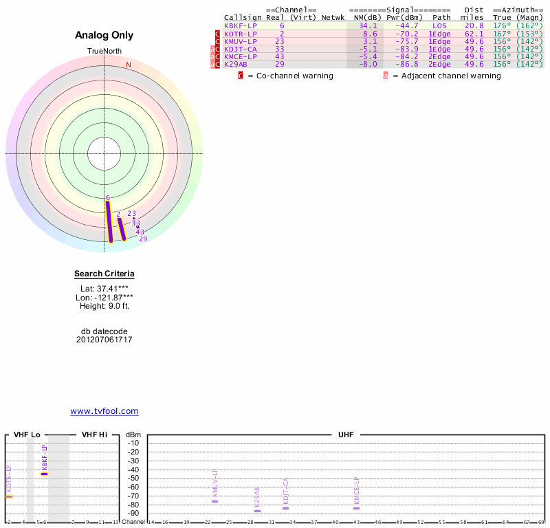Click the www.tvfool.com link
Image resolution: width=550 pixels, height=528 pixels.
pyautogui.click(x=104, y=411)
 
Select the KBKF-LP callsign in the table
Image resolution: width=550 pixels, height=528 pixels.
pyautogui.click(x=239, y=25)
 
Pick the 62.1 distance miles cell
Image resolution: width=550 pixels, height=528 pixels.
pyautogui.click(x=474, y=33)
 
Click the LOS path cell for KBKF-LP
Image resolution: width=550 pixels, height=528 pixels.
pyautogui.click(x=439, y=25)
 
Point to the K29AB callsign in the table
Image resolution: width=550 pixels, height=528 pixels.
pyautogui.click(x=235, y=64)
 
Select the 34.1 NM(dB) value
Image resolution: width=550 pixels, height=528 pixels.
pyautogui.click(x=368, y=25)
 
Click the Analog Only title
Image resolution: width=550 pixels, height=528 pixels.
pyautogui.click(x=104, y=36)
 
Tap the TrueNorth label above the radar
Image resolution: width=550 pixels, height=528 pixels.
pyautogui.click(x=104, y=52)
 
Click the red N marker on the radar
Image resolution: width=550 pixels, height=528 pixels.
pyautogui.click(x=128, y=65)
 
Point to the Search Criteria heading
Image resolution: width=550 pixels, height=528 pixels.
pyautogui.click(x=104, y=274)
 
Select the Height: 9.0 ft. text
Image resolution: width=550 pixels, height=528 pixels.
pyautogui.click(x=104, y=306)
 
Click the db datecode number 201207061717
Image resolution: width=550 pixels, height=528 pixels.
pyautogui.click(x=104, y=340)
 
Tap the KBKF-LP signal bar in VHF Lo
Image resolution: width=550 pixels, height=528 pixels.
pyautogui.click(x=45, y=474)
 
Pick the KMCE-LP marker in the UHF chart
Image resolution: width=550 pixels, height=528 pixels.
pyautogui.click(x=356, y=508)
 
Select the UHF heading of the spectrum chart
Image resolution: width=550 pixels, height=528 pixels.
pyautogui.click(x=345, y=435)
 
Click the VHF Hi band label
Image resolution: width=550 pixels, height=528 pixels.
pyautogui.click(x=94, y=435)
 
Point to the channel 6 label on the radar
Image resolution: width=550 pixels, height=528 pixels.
pyautogui.click(x=108, y=198)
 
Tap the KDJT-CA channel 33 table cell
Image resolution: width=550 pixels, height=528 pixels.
pyautogui.click(x=280, y=49)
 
